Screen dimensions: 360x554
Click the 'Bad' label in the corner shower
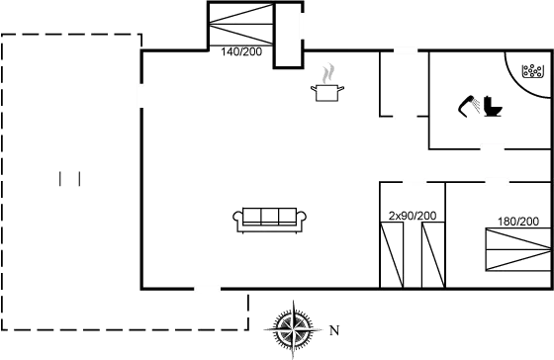532,70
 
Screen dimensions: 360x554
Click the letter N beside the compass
334,328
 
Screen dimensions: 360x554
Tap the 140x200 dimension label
243,52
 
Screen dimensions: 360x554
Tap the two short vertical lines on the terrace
69,178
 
